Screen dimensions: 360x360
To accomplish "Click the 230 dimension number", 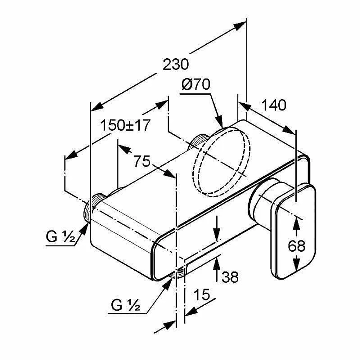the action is click(176, 64).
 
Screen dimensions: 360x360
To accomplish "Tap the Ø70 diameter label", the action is click(195, 85).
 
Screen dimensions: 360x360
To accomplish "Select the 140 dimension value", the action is click(274, 105).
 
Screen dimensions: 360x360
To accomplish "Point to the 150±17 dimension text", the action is click(125, 125).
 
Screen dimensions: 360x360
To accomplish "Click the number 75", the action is click(142, 161).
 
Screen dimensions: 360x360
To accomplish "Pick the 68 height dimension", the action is click(297, 246).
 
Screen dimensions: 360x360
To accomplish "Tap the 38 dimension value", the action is click(230, 277).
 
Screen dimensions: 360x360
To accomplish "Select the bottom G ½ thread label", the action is click(125, 305).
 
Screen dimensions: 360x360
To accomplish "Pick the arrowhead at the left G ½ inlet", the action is click(84, 228).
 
